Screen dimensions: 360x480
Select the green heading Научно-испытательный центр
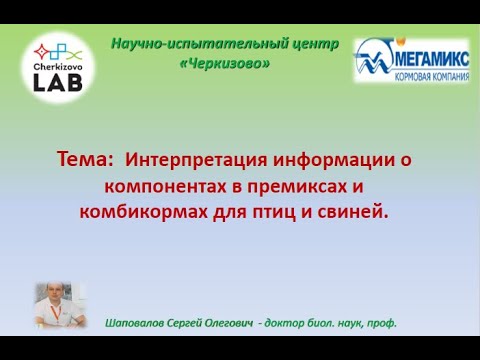click(225, 45)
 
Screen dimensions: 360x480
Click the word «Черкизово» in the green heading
click(225, 63)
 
